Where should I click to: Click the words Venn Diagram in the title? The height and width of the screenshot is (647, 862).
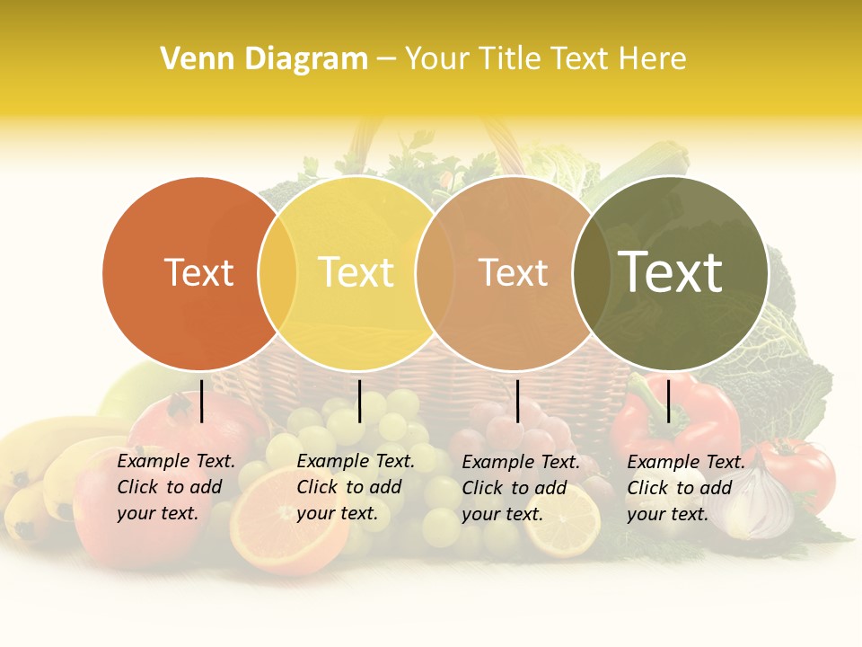pyautogui.click(x=264, y=58)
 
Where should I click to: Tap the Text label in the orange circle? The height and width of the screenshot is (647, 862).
pyautogui.click(x=198, y=272)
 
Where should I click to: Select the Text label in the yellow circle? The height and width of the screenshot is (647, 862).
pyautogui.click(x=356, y=272)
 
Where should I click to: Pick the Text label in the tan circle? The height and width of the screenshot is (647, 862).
pyautogui.click(x=513, y=272)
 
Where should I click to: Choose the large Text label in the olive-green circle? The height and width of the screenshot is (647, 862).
pyautogui.click(x=670, y=272)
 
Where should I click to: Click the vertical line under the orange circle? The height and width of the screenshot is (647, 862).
pyautogui.click(x=202, y=401)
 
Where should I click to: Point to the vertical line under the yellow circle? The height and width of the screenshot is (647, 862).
pyautogui.click(x=360, y=401)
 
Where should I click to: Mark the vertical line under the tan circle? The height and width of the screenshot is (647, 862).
pyautogui.click(x=518, y=401)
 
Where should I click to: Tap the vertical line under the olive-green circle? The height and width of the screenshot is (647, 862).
pyautogui.click(x=669, y=401)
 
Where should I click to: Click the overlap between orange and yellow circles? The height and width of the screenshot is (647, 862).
pyautogui.click(x=277, y=273)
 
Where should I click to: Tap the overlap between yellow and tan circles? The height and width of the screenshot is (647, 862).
pyautogui.click(x=435, y=273)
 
